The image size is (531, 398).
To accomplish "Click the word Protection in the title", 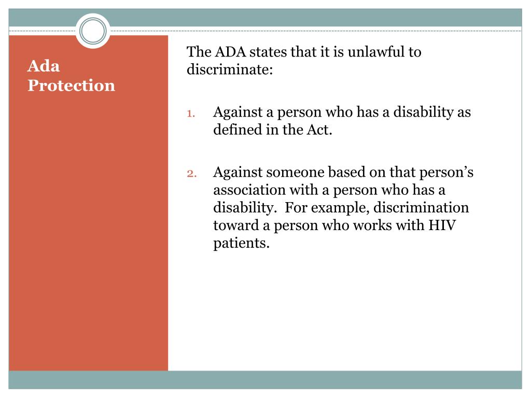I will (71, 85).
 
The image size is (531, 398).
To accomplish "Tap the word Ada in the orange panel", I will (44, 66).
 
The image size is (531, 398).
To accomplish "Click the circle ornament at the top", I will (93, 31).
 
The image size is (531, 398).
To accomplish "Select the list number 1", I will (190, 113).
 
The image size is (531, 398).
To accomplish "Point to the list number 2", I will (190, 174).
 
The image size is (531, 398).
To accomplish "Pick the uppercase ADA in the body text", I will (228, 52).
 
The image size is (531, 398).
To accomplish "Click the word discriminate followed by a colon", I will (230, 69).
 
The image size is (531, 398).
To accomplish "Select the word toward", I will (234, 225).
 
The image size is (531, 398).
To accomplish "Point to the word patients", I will (242, 243).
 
